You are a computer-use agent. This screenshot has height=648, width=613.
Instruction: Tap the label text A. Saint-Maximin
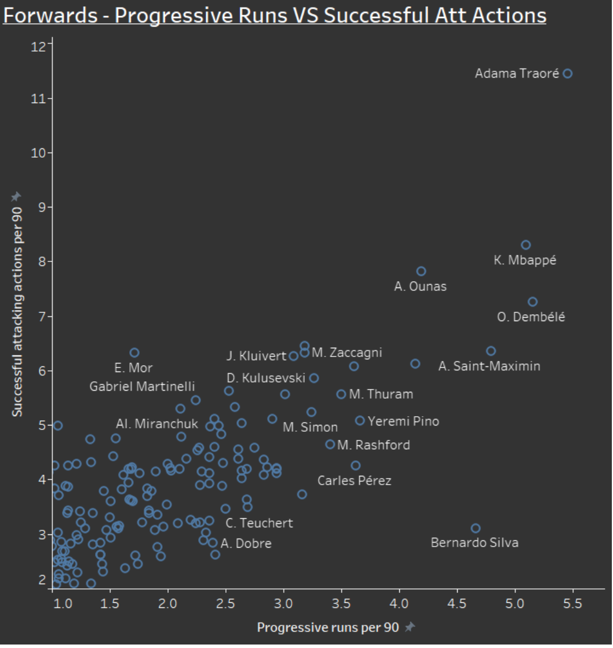pos(490,366)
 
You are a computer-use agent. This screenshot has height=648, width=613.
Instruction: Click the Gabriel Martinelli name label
pos(142,387)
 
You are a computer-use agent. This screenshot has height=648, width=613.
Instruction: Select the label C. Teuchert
pos(260,523)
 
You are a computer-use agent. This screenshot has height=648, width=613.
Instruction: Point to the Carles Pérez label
pos(355,480)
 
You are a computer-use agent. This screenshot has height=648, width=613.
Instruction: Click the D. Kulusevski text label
pos(266,378)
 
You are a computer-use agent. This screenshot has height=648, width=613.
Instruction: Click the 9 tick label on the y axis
pos(42,207)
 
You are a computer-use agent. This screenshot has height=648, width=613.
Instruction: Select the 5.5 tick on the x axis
pos(572,604)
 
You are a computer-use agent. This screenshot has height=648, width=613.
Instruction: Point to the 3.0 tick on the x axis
pos(283,604)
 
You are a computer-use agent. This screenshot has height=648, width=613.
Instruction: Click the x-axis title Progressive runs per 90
pos(328,627)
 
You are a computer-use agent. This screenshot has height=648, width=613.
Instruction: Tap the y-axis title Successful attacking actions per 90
pos(17,312)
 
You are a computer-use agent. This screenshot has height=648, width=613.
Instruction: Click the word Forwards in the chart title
pos(50,16)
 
